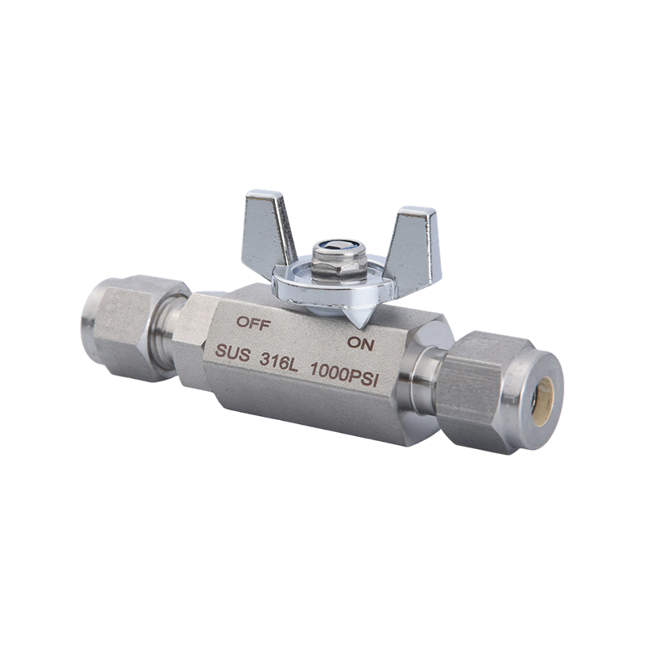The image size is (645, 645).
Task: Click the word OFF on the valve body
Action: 253,323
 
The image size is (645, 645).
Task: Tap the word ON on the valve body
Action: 360,343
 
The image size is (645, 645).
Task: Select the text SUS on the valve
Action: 233,354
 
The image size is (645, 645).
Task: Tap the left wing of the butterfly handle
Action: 268,227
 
